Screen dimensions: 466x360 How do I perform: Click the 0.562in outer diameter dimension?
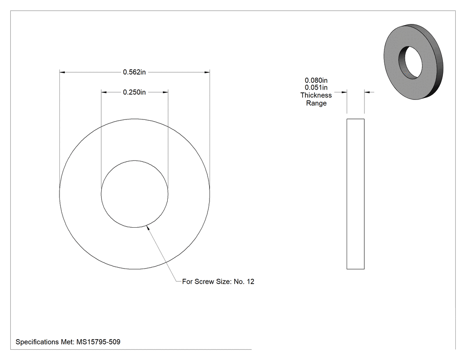point(134,72)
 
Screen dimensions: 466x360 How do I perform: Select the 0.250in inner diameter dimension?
point(134,92)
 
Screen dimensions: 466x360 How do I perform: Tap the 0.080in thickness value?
point(316,80)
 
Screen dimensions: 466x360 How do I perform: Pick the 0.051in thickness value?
point(316,87)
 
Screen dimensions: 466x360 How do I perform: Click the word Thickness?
point(316,95)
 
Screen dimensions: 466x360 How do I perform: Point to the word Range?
point(316,103)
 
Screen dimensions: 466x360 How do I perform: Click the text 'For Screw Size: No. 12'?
point(218,281)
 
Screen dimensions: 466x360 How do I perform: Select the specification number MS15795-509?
point(99,342)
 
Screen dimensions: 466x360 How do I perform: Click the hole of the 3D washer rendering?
point(411,63)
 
